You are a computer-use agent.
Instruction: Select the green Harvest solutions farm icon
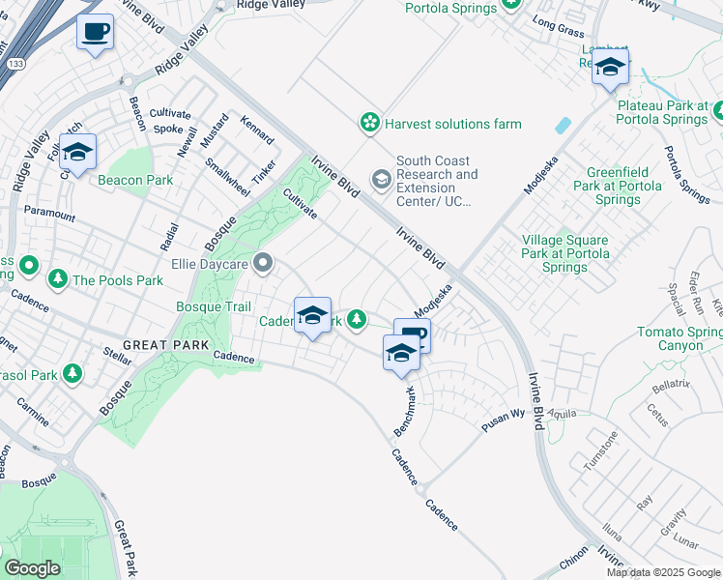[369, 123]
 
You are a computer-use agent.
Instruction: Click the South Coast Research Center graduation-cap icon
[382, 179]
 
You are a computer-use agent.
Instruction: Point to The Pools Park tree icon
[58, 280]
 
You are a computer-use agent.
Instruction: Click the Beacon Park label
[134, 180]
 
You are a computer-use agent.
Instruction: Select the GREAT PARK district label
[160, 345]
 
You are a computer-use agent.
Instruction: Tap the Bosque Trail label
[214, 306]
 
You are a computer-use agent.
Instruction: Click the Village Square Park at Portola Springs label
[564, 253]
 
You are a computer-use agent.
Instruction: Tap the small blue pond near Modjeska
[562, 126]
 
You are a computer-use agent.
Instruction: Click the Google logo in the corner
[32, 568]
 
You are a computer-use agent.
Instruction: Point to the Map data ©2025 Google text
[662, 572]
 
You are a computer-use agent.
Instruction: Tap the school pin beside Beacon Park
[77, 152]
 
